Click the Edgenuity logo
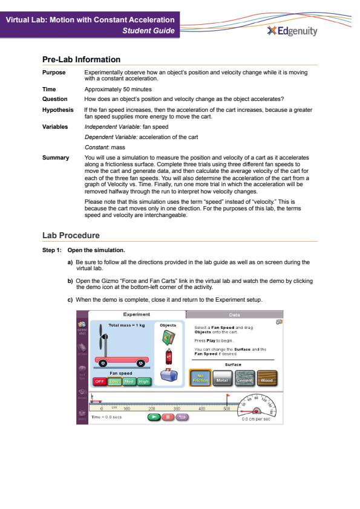[292, 31]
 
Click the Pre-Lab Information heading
[81, 59]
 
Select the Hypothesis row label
[58, 110]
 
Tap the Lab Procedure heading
[71, 235]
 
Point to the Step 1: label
[51, 250]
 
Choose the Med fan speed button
[129, 381]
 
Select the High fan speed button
[143, 381]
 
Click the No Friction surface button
[200, 378]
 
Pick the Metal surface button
[222, 378]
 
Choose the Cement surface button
[244, 378]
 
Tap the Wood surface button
[267, 378]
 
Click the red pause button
[168, 417]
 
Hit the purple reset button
[182, 417]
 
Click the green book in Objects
[168, 337]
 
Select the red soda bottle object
[169, 357]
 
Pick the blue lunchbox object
[169, 375]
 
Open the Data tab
[234, 314]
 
